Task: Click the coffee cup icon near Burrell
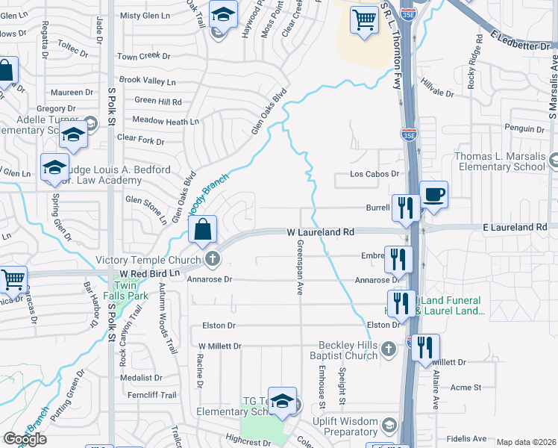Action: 434,196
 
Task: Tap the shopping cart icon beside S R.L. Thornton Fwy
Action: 363,20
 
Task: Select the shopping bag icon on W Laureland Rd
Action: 203,230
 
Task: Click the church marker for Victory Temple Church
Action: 213,260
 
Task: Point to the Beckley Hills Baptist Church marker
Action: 388,349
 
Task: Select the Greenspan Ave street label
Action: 300,267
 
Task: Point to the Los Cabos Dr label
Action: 376,174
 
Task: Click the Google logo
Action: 25,438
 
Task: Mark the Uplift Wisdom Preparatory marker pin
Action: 388,426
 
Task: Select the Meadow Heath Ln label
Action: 165,121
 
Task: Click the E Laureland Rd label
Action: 515,226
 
